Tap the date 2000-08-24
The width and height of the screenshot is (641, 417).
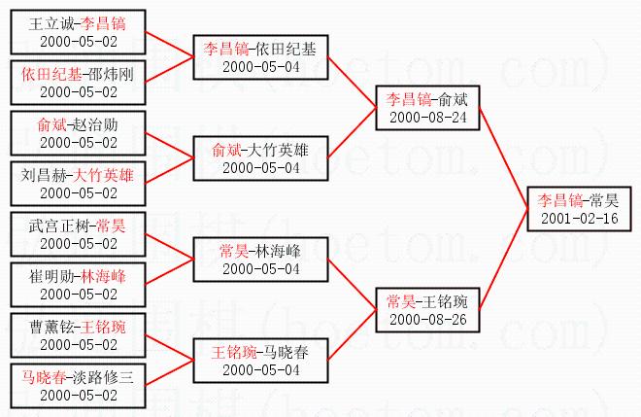click(426, 117)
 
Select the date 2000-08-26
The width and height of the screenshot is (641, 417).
click(426, 319)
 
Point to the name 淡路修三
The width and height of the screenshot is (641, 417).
click(104, 377)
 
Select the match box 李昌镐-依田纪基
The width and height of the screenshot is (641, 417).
click(260, 57)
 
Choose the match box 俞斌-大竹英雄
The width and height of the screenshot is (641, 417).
click(260, 158)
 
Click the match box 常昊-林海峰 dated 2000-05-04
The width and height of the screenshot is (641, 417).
click(260, 260)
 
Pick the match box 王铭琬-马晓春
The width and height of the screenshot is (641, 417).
click(260, 361)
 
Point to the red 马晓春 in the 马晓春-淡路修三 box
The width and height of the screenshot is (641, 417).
click(45, 377)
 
